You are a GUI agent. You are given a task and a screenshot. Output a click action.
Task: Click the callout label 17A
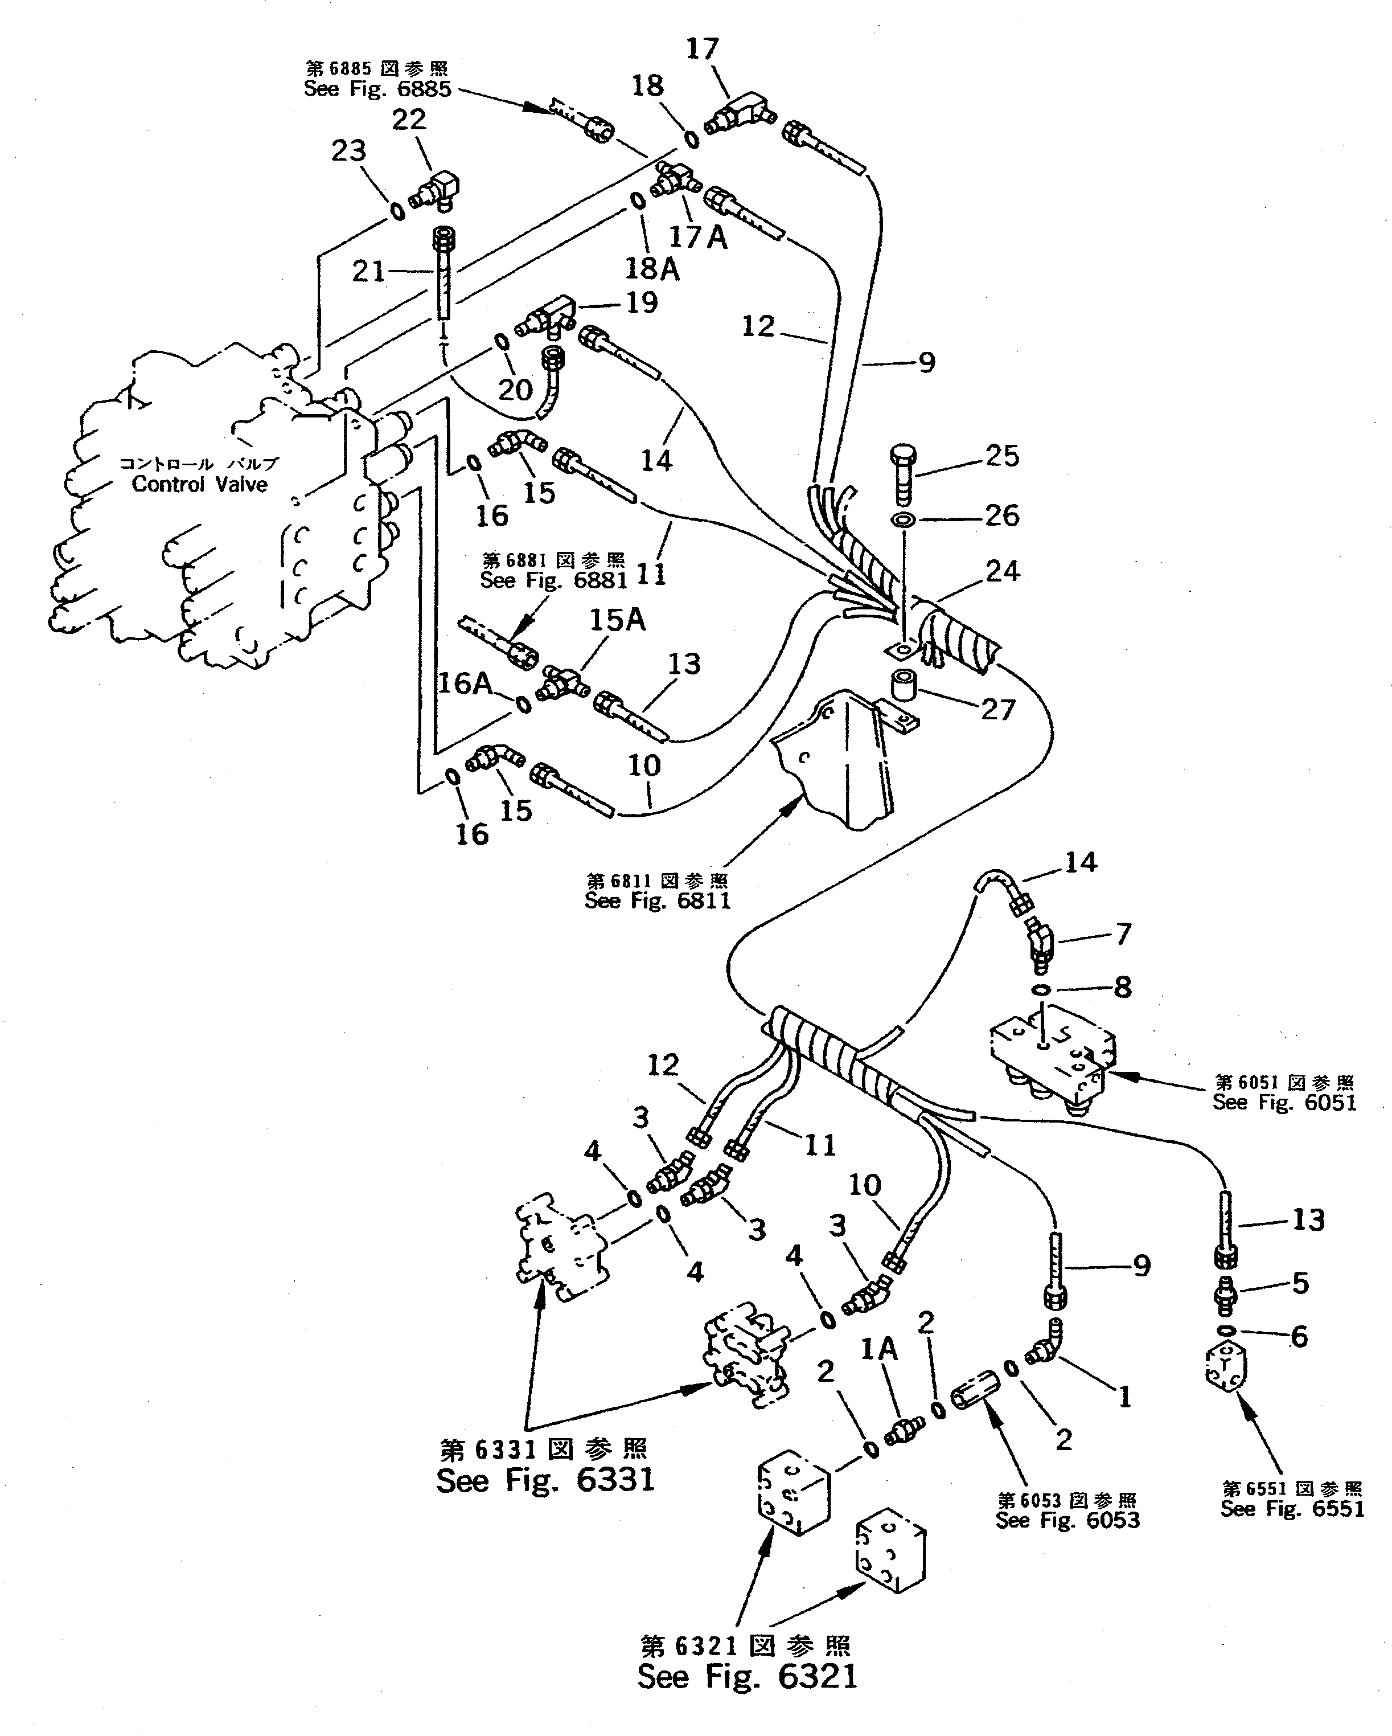698,238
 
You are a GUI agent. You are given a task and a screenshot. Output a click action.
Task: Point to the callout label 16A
465,683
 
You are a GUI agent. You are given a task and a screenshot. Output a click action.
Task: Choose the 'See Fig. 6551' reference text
1291,1508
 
